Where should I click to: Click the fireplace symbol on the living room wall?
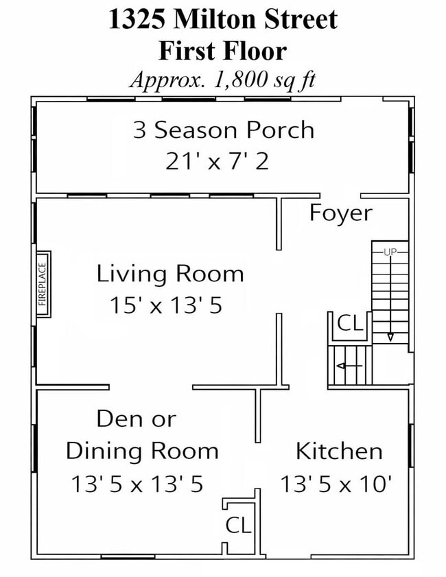click(x=43, y=284)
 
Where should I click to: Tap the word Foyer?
click(x=341, y=213)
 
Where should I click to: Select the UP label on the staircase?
click(x=390, y=252)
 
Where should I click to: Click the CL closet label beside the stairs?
click(x=351, y=323)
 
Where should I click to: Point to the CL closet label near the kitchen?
click(x=238, y=525)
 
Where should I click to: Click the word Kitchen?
click(x=339, y=451)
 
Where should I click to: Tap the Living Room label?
click(x=170, y=274)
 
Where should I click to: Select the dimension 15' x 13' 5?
click(x=166, y=305)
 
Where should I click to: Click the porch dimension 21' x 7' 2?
click(x=217, y=161)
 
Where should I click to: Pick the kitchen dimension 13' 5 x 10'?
click(x=336, y=483)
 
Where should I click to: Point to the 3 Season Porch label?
click(x=224, y=130)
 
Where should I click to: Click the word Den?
click(x=117, y=419)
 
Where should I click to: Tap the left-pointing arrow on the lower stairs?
click(x=349, y=366)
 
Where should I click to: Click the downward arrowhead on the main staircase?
click(x=390, y=338)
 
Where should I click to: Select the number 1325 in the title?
click(x=137, y=19)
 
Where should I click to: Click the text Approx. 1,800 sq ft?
click(x=223, y=80)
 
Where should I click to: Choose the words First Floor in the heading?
click(x=222, y=51)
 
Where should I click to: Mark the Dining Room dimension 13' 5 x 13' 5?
click(x=137, y=484)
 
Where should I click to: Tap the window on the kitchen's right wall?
click(x=410, y=446)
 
